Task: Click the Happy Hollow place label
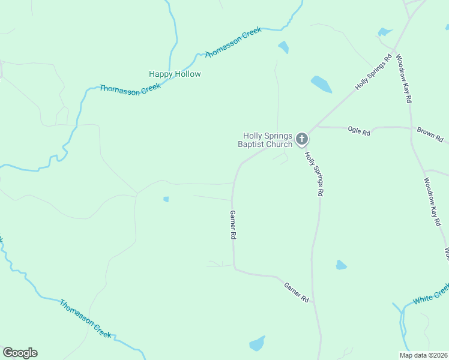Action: point(175,74)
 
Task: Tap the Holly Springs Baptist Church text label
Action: point(267,140)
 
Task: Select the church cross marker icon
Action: point(302,140)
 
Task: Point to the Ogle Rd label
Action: point(359,130)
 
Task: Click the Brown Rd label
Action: point(430,134)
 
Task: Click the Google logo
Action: point(20,353)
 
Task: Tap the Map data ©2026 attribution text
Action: point(423,355)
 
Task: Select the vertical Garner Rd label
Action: point(233,225)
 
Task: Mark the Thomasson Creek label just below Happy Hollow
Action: point(130,90)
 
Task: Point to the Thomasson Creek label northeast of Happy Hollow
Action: point(233,42)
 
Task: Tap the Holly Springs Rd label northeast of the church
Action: point(373,72)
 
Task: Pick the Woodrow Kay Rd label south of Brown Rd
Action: point(432,201)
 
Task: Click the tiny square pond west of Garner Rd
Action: point(166,199)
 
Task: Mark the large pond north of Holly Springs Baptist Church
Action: point(321,84)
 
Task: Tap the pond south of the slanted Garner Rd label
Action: point(258,343)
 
